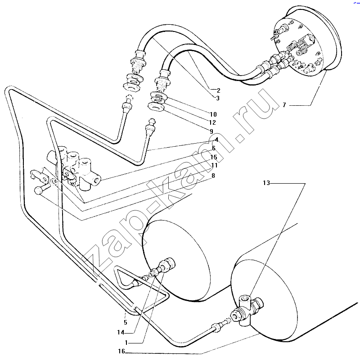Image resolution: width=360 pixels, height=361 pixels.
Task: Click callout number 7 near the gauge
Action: (x=284, y=105)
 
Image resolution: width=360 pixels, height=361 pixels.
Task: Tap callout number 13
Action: (x=266, y=183)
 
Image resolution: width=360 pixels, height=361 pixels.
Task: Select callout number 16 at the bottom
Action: (x=121, y=351)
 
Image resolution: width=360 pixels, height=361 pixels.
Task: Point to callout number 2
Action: (x=218, y=90)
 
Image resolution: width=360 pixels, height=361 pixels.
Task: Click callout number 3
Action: (x=217, y=98)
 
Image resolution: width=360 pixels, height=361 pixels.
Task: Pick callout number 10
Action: (x=213, y=114)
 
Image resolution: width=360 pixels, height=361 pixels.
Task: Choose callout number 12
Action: (x=212, y=122)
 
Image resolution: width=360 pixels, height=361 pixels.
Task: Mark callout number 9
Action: (x=211, y=131)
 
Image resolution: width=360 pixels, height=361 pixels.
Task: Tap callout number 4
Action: (x=216, y=140)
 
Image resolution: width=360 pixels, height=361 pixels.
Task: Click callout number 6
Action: (x=214, y=148)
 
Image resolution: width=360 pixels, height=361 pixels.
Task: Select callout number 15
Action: (x=214, y=157)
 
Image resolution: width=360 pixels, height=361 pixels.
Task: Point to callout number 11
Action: (x=214, y=165)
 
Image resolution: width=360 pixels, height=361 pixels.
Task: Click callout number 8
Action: (x=213, y=176)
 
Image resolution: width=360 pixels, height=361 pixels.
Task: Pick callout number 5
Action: (x=126, y=322)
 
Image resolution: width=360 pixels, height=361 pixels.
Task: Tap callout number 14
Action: (x=121, y=333)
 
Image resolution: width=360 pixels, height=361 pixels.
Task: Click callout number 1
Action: (x=126, y=343)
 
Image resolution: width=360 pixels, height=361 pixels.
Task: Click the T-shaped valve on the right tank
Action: (x=247, y=310)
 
